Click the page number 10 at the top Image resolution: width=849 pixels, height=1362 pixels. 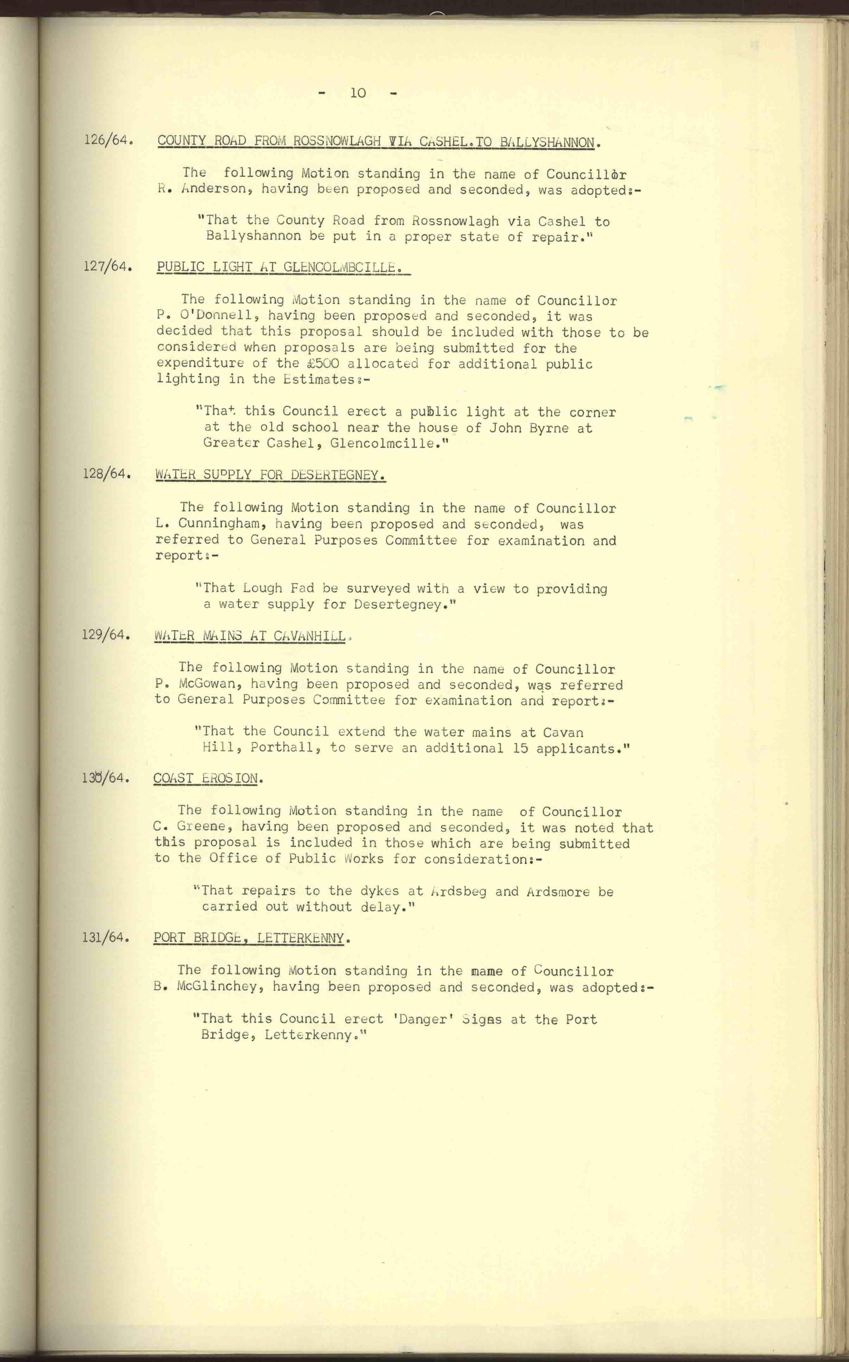tap(358, 93)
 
